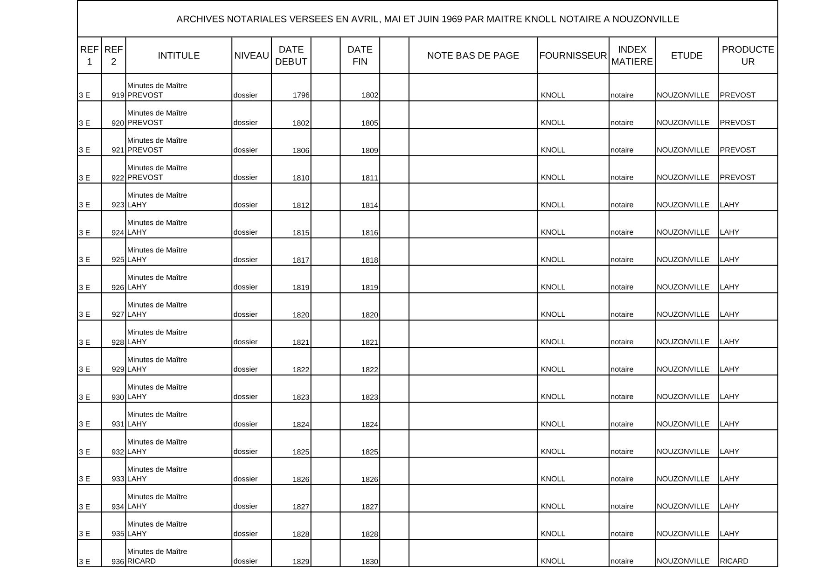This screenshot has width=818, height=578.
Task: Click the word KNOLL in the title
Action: pyautogui.click(x=541, y=19)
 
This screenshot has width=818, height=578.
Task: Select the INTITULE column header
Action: pyautogui.click(x=179, y=56)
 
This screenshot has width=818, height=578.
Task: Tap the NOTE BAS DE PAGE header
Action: pyautogui.click(x=473, y=56)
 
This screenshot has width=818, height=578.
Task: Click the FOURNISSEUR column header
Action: pyautogui.click(x=573, y=56)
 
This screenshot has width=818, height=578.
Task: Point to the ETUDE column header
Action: pyautogui.click(x=686, y=56)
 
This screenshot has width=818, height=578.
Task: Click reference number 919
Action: pyautogui.click(x=118, y=95)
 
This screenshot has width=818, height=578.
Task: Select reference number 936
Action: pyautogui.click(x=118, y=562)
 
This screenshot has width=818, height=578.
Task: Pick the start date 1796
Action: pyautogui.click(x=301, y=95)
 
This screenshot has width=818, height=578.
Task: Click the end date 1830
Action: pyautogui.click(x=369, y=562)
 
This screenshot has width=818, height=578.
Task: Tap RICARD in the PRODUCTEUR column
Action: pyautogui.click(x=734, y=561)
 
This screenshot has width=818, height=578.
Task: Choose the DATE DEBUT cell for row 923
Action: pyautogui.click(x=301, y=205)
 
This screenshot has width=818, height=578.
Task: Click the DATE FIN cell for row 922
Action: pyautogui.click(x=369, y=178)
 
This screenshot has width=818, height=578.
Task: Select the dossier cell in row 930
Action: pyautogui.click(x=245, y=397)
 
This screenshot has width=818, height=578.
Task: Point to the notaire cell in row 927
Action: pyautogui.click(x=622, y=314)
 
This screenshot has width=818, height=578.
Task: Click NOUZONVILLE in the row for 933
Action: pyautogui.click(x=683, y=479)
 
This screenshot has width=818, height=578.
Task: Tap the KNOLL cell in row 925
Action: pyautogui.click(x=553, y=259)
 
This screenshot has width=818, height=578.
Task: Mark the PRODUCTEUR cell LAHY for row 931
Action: pyautogui.click(x=729, y=424)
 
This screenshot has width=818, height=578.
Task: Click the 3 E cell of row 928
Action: pyautogui.click(x=84, y=342)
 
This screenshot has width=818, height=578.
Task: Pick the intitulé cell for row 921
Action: pyautogui.click(x=157, y=145)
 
